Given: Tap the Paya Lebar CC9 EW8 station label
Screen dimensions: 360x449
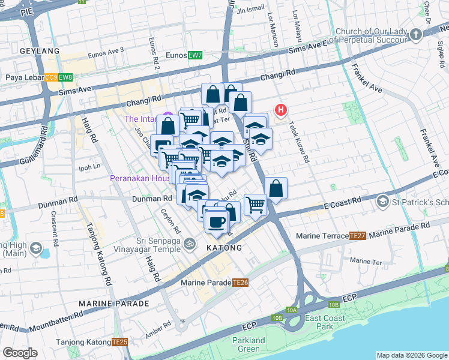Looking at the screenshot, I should pyautogui.click(x=39, y=77).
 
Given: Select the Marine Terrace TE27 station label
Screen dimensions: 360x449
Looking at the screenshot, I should pyautogui.click(x=333, y=236).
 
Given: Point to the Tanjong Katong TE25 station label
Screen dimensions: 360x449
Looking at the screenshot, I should pyautogui.click(x=91, y=342).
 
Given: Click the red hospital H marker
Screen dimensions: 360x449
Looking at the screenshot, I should pyautogui.click(x=280, y=110).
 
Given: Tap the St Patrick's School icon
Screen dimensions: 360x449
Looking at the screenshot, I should pyautogui.click(x=382, y=203).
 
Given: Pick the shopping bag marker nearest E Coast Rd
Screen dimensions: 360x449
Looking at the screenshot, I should pyautogui.click(x=276, y=188).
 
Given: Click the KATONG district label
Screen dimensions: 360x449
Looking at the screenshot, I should pyautogui.click(x=224, y=248).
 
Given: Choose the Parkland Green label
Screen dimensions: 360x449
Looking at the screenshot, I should pyautogui.click(x=249, y=344).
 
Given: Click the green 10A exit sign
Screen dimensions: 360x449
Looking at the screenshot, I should pyautogui.click(x=292, y=310).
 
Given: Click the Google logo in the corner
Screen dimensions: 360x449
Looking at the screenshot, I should pyautogui.click(x=20, y=353).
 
